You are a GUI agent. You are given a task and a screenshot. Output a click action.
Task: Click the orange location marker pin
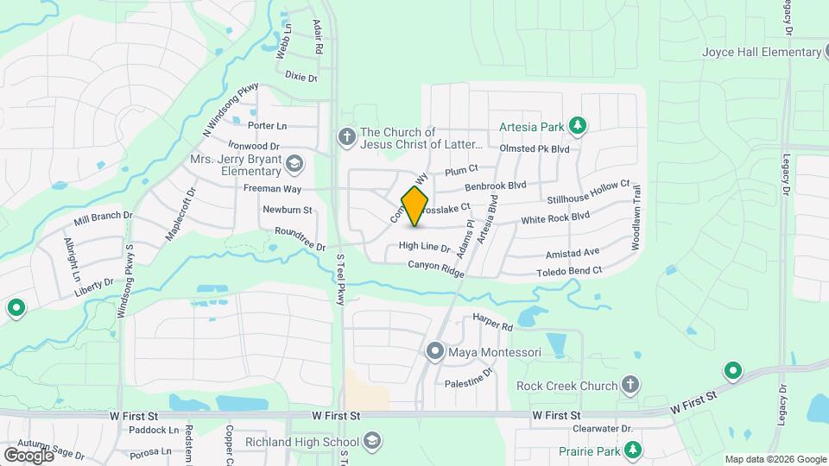click(415, 205)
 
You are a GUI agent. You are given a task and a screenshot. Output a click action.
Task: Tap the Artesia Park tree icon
click(578, 127)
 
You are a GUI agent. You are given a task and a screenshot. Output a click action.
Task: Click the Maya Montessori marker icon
click(434, 352)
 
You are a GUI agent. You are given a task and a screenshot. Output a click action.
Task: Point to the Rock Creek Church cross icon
click(630, 385)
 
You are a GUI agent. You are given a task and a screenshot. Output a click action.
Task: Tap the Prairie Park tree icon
click(633, 450)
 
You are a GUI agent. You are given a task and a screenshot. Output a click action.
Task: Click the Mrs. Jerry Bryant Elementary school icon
click(294, 164)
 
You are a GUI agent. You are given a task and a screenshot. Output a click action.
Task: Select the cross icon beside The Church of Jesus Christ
click(346, 137)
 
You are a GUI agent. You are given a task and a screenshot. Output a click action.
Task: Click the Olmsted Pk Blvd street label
click(535, 148)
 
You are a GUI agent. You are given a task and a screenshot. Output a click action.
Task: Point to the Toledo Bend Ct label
click(568, 270)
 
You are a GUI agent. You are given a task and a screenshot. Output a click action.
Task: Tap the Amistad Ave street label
click(572, 253)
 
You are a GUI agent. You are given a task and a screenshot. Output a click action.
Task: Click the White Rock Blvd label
click(554, 219)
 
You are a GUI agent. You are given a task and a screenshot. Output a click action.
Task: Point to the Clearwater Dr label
click(603, 428)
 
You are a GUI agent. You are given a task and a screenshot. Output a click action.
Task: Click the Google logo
click(28, 454)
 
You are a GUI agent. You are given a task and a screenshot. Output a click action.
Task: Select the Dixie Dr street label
click(301, 77)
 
